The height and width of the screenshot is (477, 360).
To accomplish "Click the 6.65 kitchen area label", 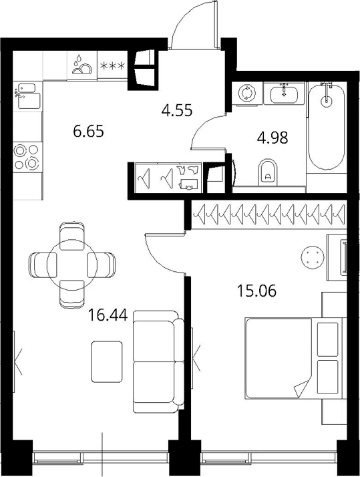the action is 89,132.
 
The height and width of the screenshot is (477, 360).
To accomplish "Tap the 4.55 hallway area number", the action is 177,110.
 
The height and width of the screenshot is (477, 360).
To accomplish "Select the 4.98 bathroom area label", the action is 273,138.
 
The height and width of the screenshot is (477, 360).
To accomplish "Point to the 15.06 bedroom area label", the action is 256,291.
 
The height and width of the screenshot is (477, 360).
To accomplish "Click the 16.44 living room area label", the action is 108,315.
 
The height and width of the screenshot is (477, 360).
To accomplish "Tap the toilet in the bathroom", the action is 268,172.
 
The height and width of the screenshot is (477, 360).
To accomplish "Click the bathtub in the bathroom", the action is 327,126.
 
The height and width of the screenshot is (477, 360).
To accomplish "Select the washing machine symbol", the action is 246,93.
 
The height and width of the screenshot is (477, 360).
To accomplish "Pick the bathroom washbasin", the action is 284,93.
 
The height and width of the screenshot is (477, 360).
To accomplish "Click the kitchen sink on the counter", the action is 27,96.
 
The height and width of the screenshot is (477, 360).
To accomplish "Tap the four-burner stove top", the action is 27,157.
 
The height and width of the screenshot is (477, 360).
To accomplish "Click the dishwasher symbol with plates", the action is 81,65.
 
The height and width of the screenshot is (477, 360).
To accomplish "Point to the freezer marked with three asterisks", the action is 112,65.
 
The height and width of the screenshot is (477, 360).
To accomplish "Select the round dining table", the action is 72,265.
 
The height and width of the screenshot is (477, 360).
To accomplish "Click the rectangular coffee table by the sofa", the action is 107,361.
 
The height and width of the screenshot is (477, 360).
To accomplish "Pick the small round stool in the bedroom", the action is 313,257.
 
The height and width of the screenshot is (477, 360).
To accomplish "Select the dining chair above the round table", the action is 72,236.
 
